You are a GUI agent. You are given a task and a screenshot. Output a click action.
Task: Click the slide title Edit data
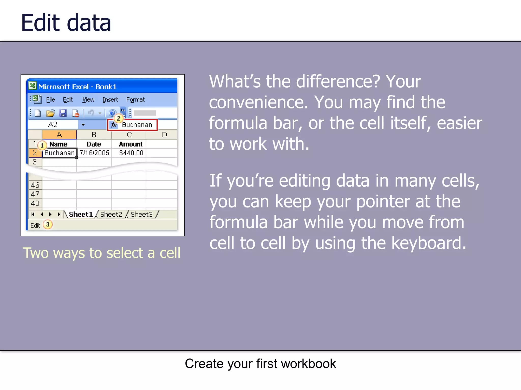click(66, 23)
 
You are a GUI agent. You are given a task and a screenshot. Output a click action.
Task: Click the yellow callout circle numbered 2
click(119, 118)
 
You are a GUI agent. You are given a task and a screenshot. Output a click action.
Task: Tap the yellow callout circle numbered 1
click(42, 145)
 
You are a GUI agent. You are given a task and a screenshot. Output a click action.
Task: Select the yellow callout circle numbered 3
click(48, 224)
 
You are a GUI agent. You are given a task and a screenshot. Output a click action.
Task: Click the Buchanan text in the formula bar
click(137, 125)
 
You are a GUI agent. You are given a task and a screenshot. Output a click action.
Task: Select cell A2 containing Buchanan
click(59, 153)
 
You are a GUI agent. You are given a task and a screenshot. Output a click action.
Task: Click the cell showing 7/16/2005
click(94, 153)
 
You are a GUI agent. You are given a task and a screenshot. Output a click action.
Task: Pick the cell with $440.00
click(131, 153)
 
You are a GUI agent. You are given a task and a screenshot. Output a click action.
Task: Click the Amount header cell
click(131, 144)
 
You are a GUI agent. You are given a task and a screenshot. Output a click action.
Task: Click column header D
click(164, 135)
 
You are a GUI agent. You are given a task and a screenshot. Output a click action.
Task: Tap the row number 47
click(35, 194)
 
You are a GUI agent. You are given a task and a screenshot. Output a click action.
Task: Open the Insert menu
click(110, 100)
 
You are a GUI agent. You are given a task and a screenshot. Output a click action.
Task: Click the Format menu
click(135, 100)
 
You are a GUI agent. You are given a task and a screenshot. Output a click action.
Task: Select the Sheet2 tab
click(111, 215)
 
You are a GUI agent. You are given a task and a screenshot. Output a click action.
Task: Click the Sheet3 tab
click(141, 215)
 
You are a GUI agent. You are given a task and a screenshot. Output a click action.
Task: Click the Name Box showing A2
click(53, 125)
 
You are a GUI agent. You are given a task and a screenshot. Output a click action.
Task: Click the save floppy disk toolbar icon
click(63, 113)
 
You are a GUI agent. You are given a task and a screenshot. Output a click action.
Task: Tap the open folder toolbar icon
click(50, 113)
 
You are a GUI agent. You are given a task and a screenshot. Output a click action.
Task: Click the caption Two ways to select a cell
click(102, 253)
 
